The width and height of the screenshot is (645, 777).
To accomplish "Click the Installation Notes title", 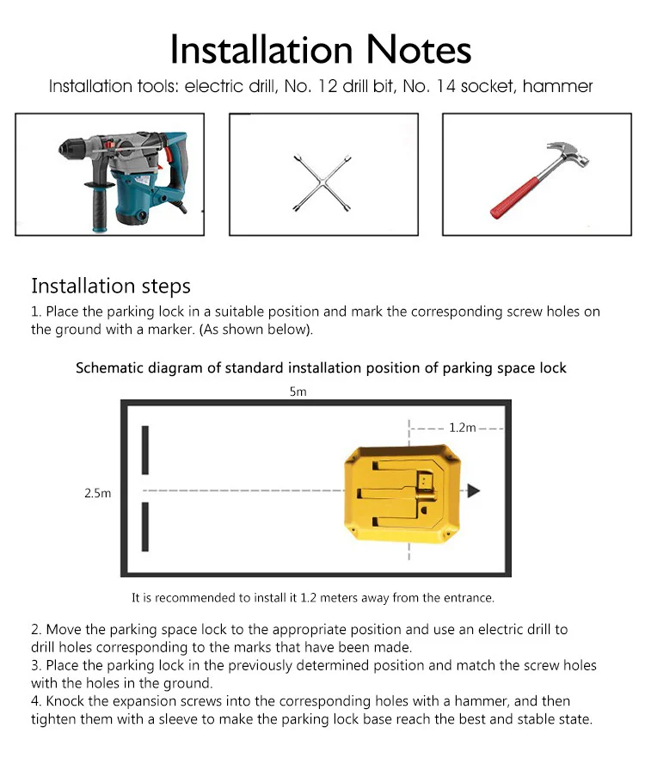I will pyautogui.click(x=321, y=49).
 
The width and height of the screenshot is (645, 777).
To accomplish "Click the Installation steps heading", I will pyautogui.click(x=111, y=286).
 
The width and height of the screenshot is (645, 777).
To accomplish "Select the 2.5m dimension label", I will pyautogui.click(x=97, y=493).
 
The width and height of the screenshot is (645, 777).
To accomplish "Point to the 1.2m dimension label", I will pyautogui.click(x=463, y=427).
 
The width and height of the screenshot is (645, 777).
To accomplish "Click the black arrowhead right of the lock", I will pyautogui.click(x=473, y=491).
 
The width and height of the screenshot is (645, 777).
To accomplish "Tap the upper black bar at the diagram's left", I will pyautogui.click(x=145, y=450).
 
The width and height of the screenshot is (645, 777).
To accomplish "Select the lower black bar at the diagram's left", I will pyautogui.click(x=145, y=527).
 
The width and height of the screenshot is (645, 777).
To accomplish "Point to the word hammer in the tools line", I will pyautogui.click(x=564, y=87).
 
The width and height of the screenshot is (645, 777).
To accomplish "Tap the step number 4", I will pyautogui.click(x=35, y=701).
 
